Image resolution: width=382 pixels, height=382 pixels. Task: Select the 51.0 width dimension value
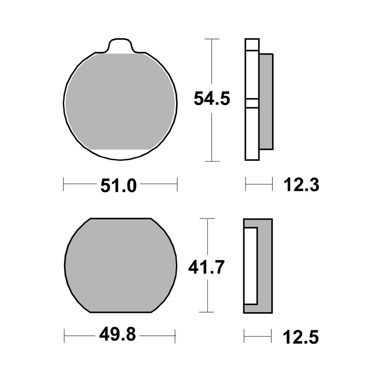pos(118,186)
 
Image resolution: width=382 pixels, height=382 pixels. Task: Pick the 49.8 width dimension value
pos(117,336)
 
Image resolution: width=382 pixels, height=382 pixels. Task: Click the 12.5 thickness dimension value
pos(301,337)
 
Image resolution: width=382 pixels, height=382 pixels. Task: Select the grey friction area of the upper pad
pos(120,101)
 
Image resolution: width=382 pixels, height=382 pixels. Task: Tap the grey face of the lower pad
pos(120,265)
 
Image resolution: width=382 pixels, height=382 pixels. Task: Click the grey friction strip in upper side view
pos(266,101)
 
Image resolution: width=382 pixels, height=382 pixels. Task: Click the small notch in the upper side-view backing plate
pos(252,103)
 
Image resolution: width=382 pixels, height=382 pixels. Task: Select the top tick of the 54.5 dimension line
pos(212,39)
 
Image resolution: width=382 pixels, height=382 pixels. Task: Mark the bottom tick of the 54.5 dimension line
pos(212,161)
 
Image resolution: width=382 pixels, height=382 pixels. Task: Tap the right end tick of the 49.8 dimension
pos(175,336)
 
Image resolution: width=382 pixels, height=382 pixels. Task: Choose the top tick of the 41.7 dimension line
pos(207,219)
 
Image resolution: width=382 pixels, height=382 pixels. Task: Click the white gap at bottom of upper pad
pos(120,153)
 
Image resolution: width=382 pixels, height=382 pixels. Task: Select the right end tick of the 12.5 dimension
pos(271,336)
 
